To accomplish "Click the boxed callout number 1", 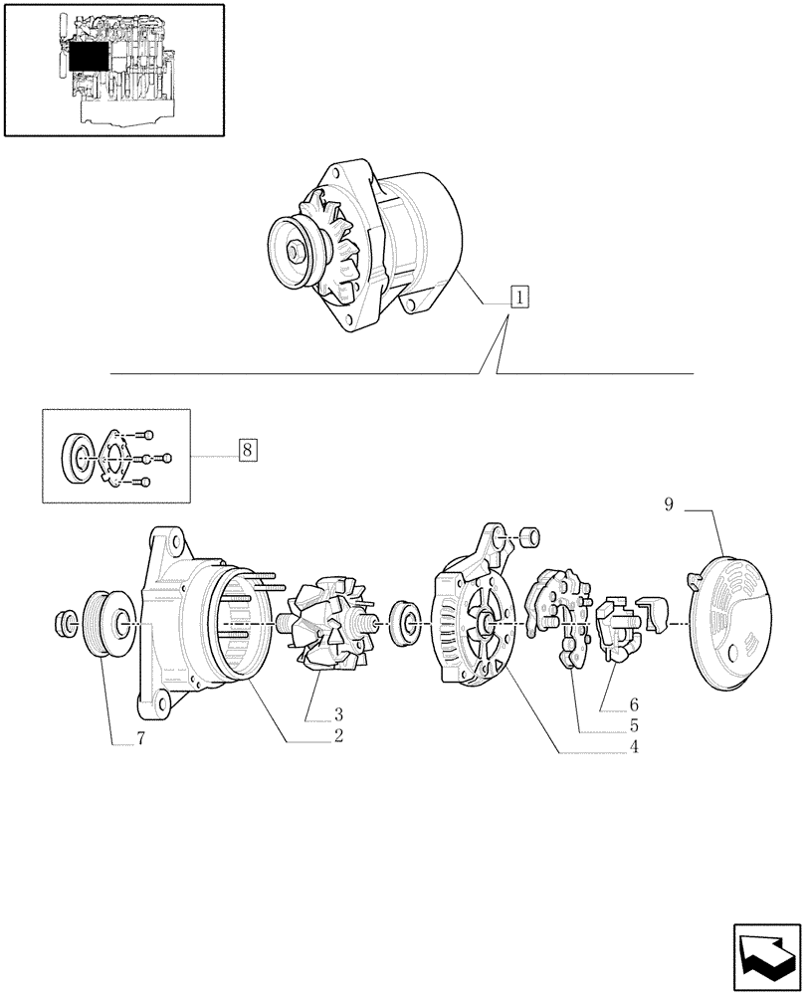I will click(x=518, y=297).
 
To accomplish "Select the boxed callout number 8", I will click(x=247, y=450).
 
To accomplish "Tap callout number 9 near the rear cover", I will click(x=669, y=505).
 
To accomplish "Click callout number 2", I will click(x=338, y=736).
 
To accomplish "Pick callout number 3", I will click(x=338, y=714).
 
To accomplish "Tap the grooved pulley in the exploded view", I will click(x=105, y=625).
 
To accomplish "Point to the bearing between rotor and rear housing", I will click(x=404, y=622).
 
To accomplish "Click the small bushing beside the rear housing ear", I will click(x=529, y=537).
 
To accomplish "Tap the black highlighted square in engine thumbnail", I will click(x=87, y=61).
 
